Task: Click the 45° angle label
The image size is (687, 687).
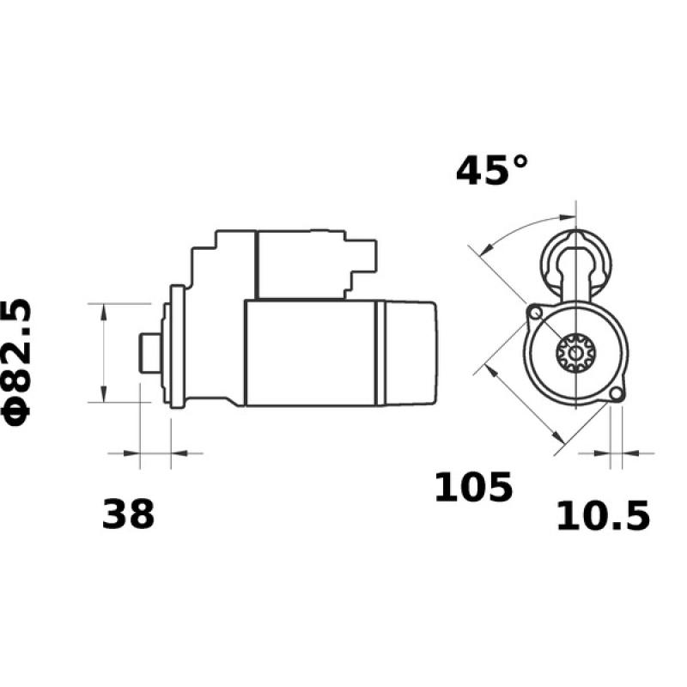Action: (x=492, y=170)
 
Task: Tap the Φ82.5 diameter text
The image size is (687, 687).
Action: (x=19, y=361)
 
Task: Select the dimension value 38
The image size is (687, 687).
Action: (x=129, y=514)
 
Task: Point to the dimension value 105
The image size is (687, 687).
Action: (x=472, y=488)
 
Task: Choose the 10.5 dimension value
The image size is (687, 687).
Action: (x=603, y=516)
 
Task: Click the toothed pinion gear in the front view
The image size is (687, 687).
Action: (x=569, y=352)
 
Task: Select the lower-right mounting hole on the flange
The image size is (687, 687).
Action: (x=615, y=394)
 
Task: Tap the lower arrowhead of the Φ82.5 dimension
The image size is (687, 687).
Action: (x=104, y=395)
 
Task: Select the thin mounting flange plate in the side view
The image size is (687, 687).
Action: (x=178, y=353)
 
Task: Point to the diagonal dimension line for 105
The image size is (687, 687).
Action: (x=520, y=404)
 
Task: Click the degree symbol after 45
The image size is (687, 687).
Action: (x=518, y=161)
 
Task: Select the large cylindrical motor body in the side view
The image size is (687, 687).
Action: (x=309, y=353)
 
